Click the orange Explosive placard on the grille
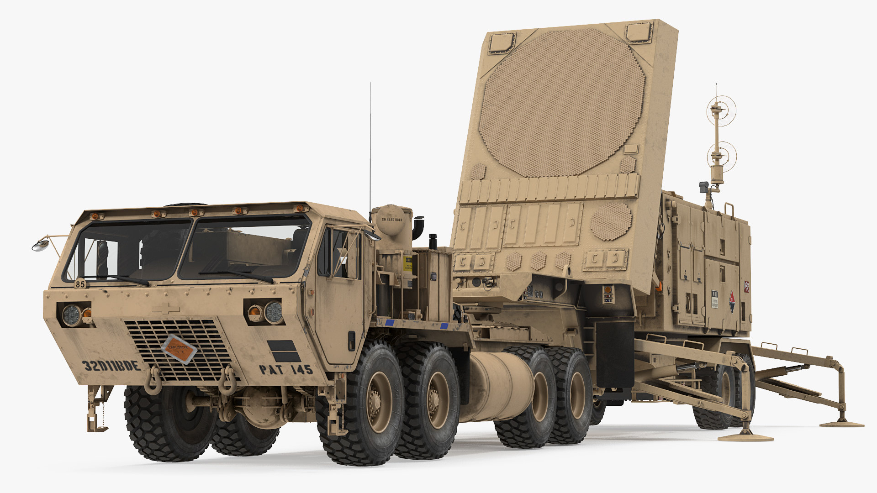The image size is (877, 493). pyautogui.click(x=180, y=349)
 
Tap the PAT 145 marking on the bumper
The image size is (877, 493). pyautogui.click(x=286, y=369)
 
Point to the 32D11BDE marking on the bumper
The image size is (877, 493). pyautogui.click(x=111, y=366)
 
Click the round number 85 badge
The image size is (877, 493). pyautogui.click(x=80, y=284)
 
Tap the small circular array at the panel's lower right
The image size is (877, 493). pyautogui.click(x=611, y=221)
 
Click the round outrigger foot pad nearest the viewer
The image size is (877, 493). pyautogui.click(x=745, y=437)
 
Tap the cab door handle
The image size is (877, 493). pyautogui.click(x=351, y=340)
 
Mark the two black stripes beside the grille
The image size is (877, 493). pyautogui.click(x=284, y=351)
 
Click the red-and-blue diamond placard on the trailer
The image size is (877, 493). pyautogui.click(x=732, y=301)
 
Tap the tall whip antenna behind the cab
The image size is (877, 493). pyautogui.click(x=370, y=146)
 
